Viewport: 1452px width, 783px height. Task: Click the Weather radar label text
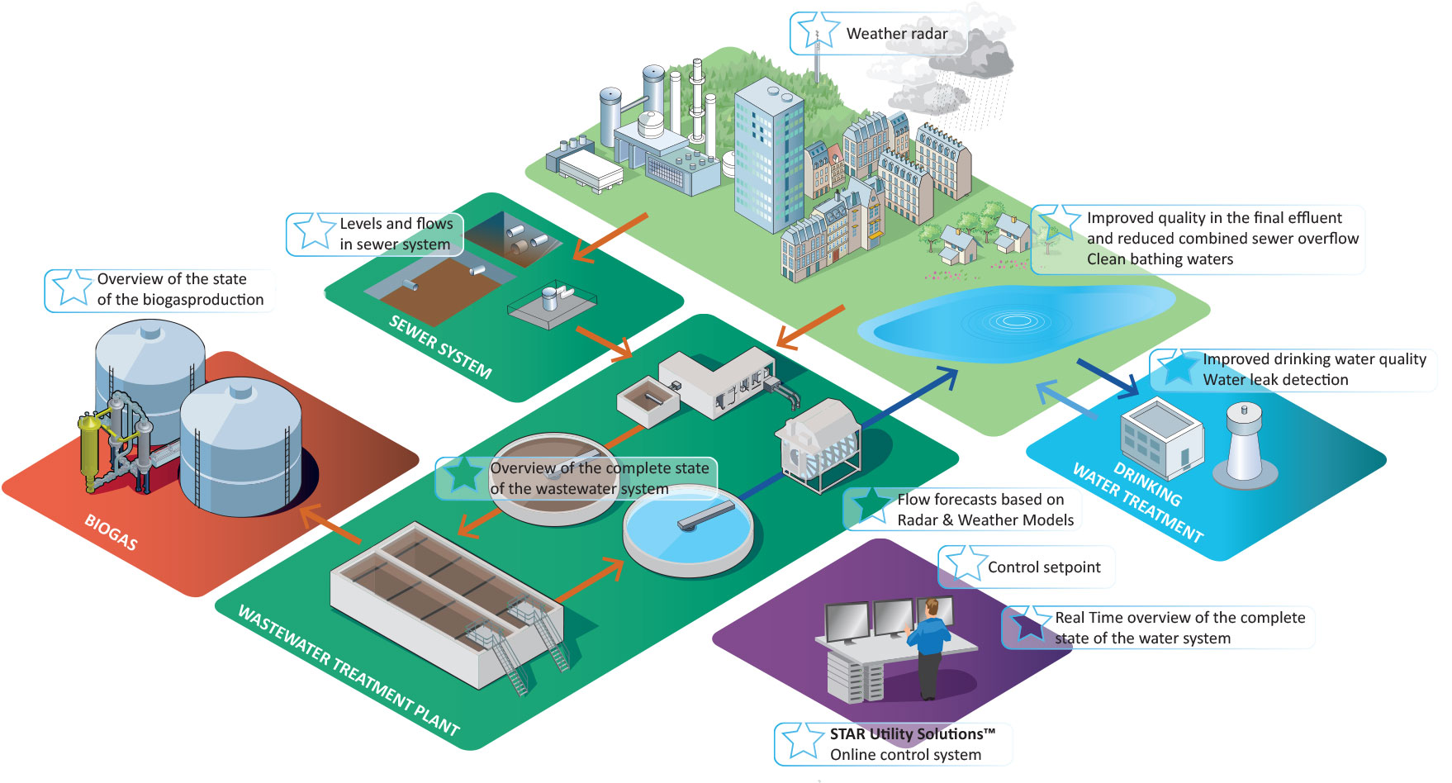pos(897,34)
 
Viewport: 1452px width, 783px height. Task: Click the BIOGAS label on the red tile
pos(111,532)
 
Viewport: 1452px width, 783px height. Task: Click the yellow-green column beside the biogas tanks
pos(88,450)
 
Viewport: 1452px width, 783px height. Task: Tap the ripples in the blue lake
pos(1015,320)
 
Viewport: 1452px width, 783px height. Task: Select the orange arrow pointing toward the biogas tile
pos(330,526)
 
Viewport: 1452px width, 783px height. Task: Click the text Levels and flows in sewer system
pos(396,234)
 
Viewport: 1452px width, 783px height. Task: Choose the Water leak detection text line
pos(1275,380)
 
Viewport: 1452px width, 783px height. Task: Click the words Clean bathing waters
pos(1160,259)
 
